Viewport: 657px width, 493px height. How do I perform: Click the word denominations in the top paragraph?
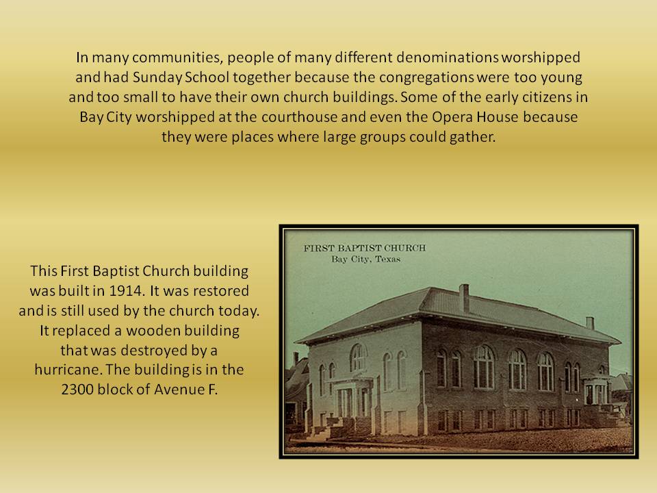point(447,57)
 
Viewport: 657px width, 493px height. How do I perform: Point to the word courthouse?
point(299,116)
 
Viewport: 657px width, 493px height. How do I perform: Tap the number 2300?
point(77,390)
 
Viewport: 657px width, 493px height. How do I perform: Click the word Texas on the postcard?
point(387,259)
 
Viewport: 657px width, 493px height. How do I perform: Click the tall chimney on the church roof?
point(464,298)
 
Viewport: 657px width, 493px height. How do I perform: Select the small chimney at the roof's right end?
point(590,323)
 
